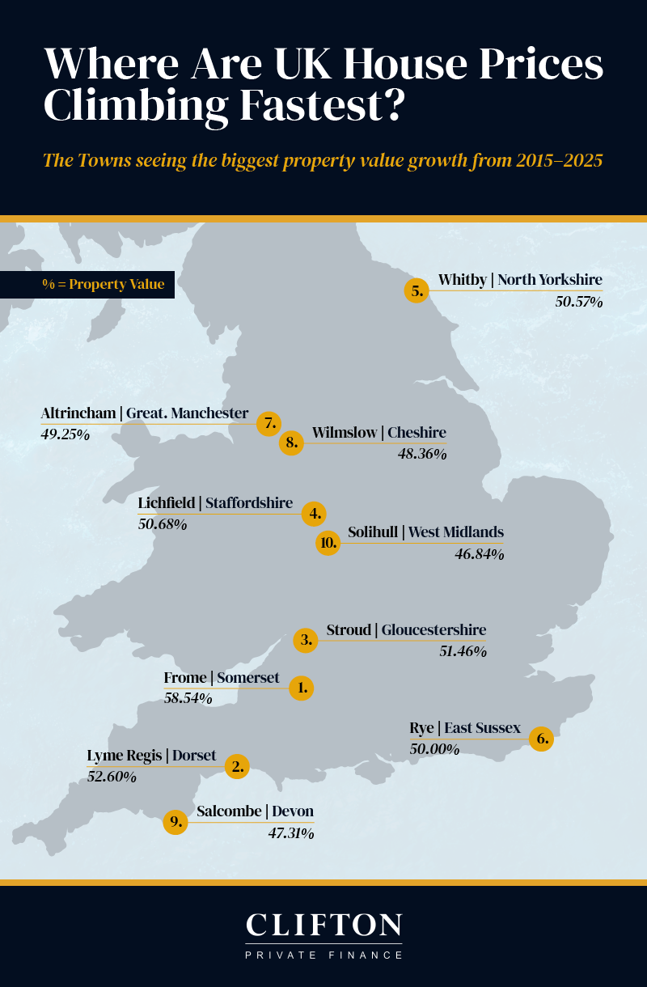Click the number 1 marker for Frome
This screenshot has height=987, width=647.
click(x=301, y=688)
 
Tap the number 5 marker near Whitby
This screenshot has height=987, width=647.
click(x=417, y=291)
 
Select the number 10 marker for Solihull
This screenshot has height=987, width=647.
click(x=328, y=543)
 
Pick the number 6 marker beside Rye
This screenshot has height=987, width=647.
click(x=542, y=739)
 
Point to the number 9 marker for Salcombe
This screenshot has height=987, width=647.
click(x=175, y=823)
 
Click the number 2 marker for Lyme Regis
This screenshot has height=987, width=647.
click(x=237, y=766)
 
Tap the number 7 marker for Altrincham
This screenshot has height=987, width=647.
click(x=269, y=423)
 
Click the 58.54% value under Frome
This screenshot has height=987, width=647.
click(x=188, y=697)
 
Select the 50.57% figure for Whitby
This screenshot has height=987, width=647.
click(x=578, y=302)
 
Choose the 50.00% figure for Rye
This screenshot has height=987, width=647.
click(x=434, y=749)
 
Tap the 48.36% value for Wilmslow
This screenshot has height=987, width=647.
click(x=422, y=454)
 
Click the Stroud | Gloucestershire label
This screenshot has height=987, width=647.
click(x=406, y=630)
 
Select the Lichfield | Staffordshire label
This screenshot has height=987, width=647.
click(x=215, y=503)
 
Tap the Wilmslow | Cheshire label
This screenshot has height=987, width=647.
click(x=378, y=433)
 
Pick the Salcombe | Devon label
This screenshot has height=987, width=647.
click(x=255, y=811)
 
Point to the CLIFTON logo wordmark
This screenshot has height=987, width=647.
click(x=323, y=926)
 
